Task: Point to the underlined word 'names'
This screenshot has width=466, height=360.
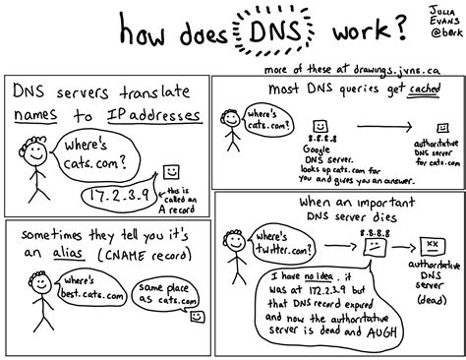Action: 38,118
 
